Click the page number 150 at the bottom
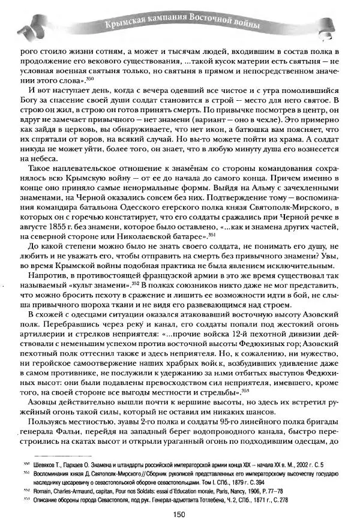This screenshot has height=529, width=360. coord(178,513)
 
